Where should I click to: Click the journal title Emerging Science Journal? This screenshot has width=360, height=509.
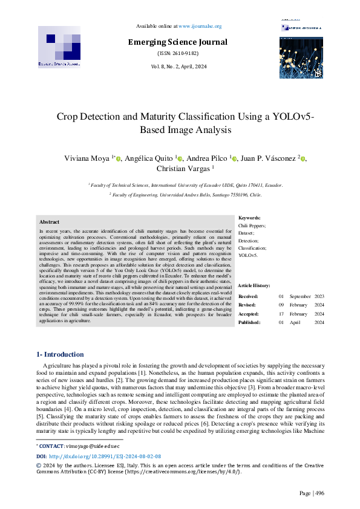pos(177,42)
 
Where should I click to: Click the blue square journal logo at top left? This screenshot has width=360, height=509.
pos(59,46)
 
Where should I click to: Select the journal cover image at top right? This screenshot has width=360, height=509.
pos(301,57)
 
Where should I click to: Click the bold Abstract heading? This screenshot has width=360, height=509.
pos(49,222)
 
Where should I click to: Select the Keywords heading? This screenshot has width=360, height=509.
pos(250,218)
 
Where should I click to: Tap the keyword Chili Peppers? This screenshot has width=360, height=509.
pos(252,225)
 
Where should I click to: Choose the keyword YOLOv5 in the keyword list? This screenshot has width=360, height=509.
pos(248,256)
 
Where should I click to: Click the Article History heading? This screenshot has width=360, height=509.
pos(255,285)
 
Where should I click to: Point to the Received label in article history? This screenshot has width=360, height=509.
pos(249,296)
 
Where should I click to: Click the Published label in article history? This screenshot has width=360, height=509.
pos(250,323)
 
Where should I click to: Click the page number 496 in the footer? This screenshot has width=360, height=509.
pos(319,493)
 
